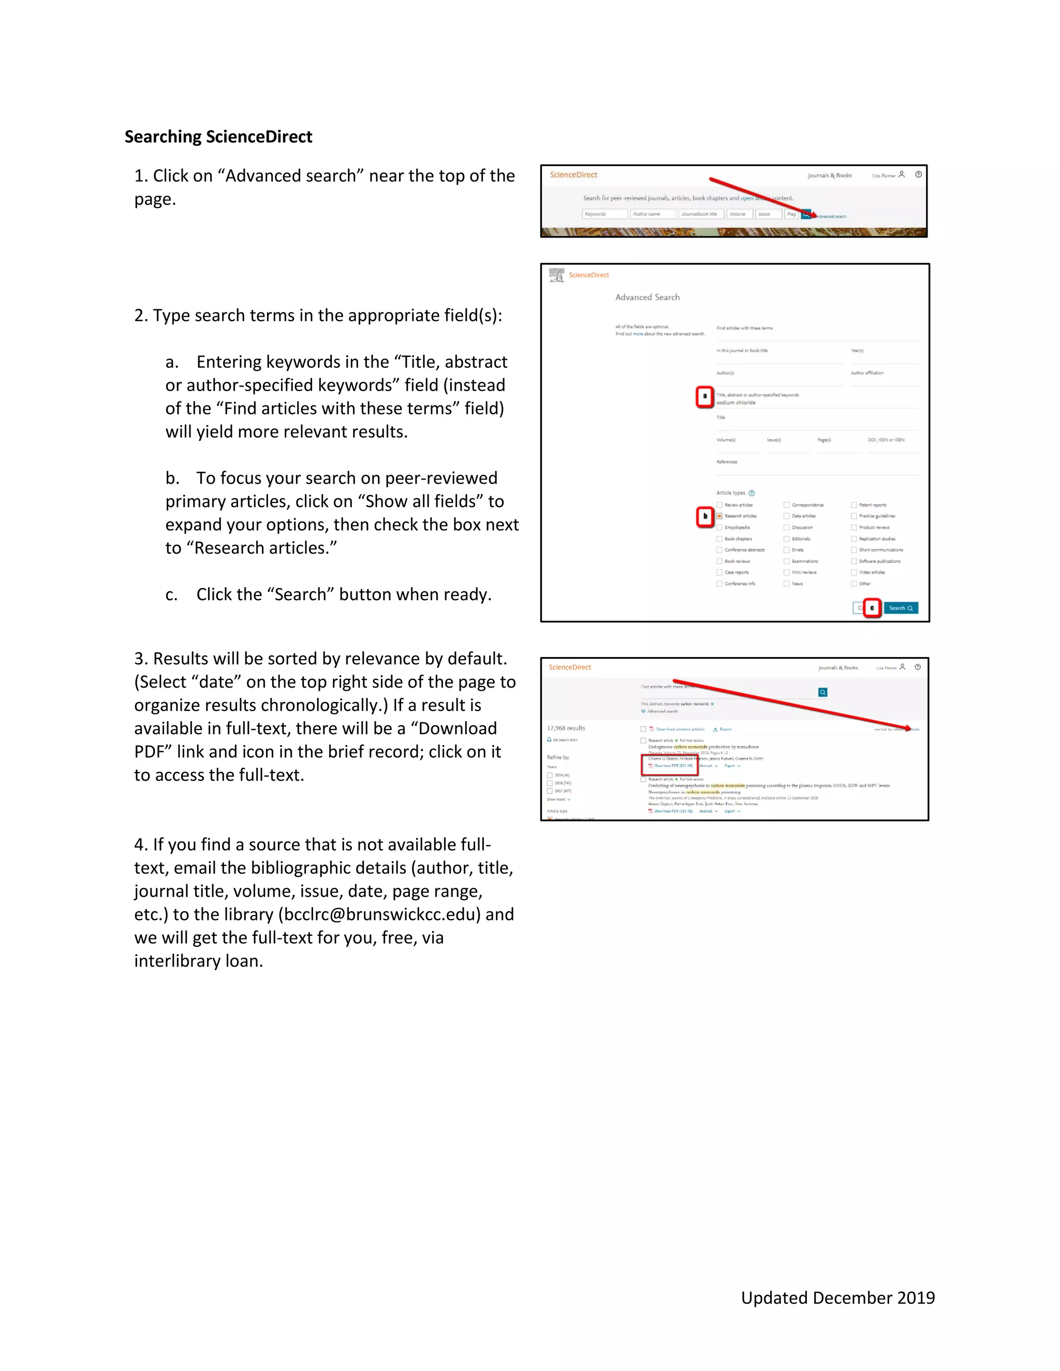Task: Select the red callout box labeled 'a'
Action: coord(704,397)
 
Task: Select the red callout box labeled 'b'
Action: coord(704,517)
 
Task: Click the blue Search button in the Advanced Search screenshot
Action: coord(901,608)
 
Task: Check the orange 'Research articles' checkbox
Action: coord(719,516)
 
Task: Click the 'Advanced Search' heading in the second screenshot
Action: coord(647,297)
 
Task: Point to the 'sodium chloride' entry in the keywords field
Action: coord(736,403)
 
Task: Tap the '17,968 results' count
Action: coord(566,728)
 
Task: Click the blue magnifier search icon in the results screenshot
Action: coord(822,692)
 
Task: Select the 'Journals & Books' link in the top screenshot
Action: coord(829,176)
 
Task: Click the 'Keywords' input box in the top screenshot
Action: coord(604,214)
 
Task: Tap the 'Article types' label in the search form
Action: coord(730,493)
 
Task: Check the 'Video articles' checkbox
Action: coord(853,573)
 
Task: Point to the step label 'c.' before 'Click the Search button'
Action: coord(171,594)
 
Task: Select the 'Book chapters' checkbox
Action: coord(719,539)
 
